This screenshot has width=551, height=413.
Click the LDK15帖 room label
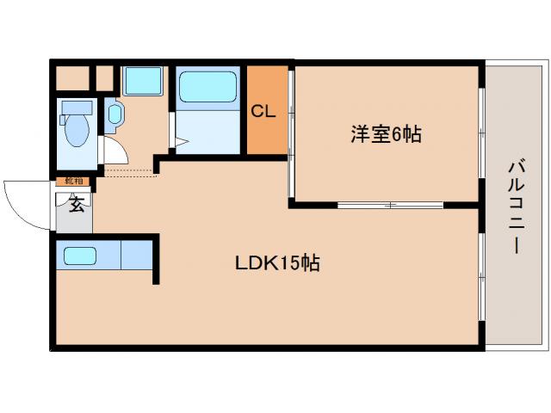coord(277,264)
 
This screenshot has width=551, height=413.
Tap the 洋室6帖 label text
coord(386,134)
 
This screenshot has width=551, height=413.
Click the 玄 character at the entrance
coord(76,204)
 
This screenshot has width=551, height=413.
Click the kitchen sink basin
coord(80,256)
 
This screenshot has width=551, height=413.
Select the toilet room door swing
coord(116,153)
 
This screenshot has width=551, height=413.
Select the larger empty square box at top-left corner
coord(72,79)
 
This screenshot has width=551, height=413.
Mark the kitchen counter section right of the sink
coord(136,256)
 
